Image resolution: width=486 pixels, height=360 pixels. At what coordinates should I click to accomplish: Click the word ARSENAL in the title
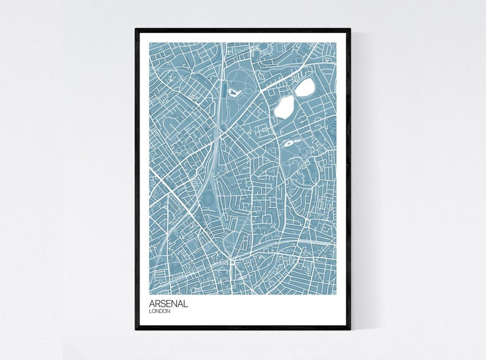pyautogui.click(x=168, y=304)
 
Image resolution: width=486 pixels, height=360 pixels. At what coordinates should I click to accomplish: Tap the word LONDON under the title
pyautogui.click(x=160, y=312)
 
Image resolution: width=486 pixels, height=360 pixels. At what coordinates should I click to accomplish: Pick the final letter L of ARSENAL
pyautogui.click(x=185, y=304)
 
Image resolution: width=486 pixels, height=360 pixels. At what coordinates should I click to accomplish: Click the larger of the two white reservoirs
pyautogui.click(x=283, y=108)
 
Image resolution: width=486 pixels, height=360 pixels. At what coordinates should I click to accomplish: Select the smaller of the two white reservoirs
pyautogui.click(x=304, y=88)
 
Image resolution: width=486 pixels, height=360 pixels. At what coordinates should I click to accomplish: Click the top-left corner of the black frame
pyautogui.click(x=136, y=29)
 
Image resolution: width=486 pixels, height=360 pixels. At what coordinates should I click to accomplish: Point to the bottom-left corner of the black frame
pyautogui.click(x=136, y=329)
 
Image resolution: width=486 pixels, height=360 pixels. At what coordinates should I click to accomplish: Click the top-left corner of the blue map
pyautogui.click(x=149, y=43)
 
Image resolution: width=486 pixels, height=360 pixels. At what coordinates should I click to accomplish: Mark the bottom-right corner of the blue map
pyautogui.click(x=337, y=294)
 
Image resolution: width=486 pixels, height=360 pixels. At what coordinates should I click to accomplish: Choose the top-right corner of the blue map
pyautogui.click(x=337, y=43)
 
